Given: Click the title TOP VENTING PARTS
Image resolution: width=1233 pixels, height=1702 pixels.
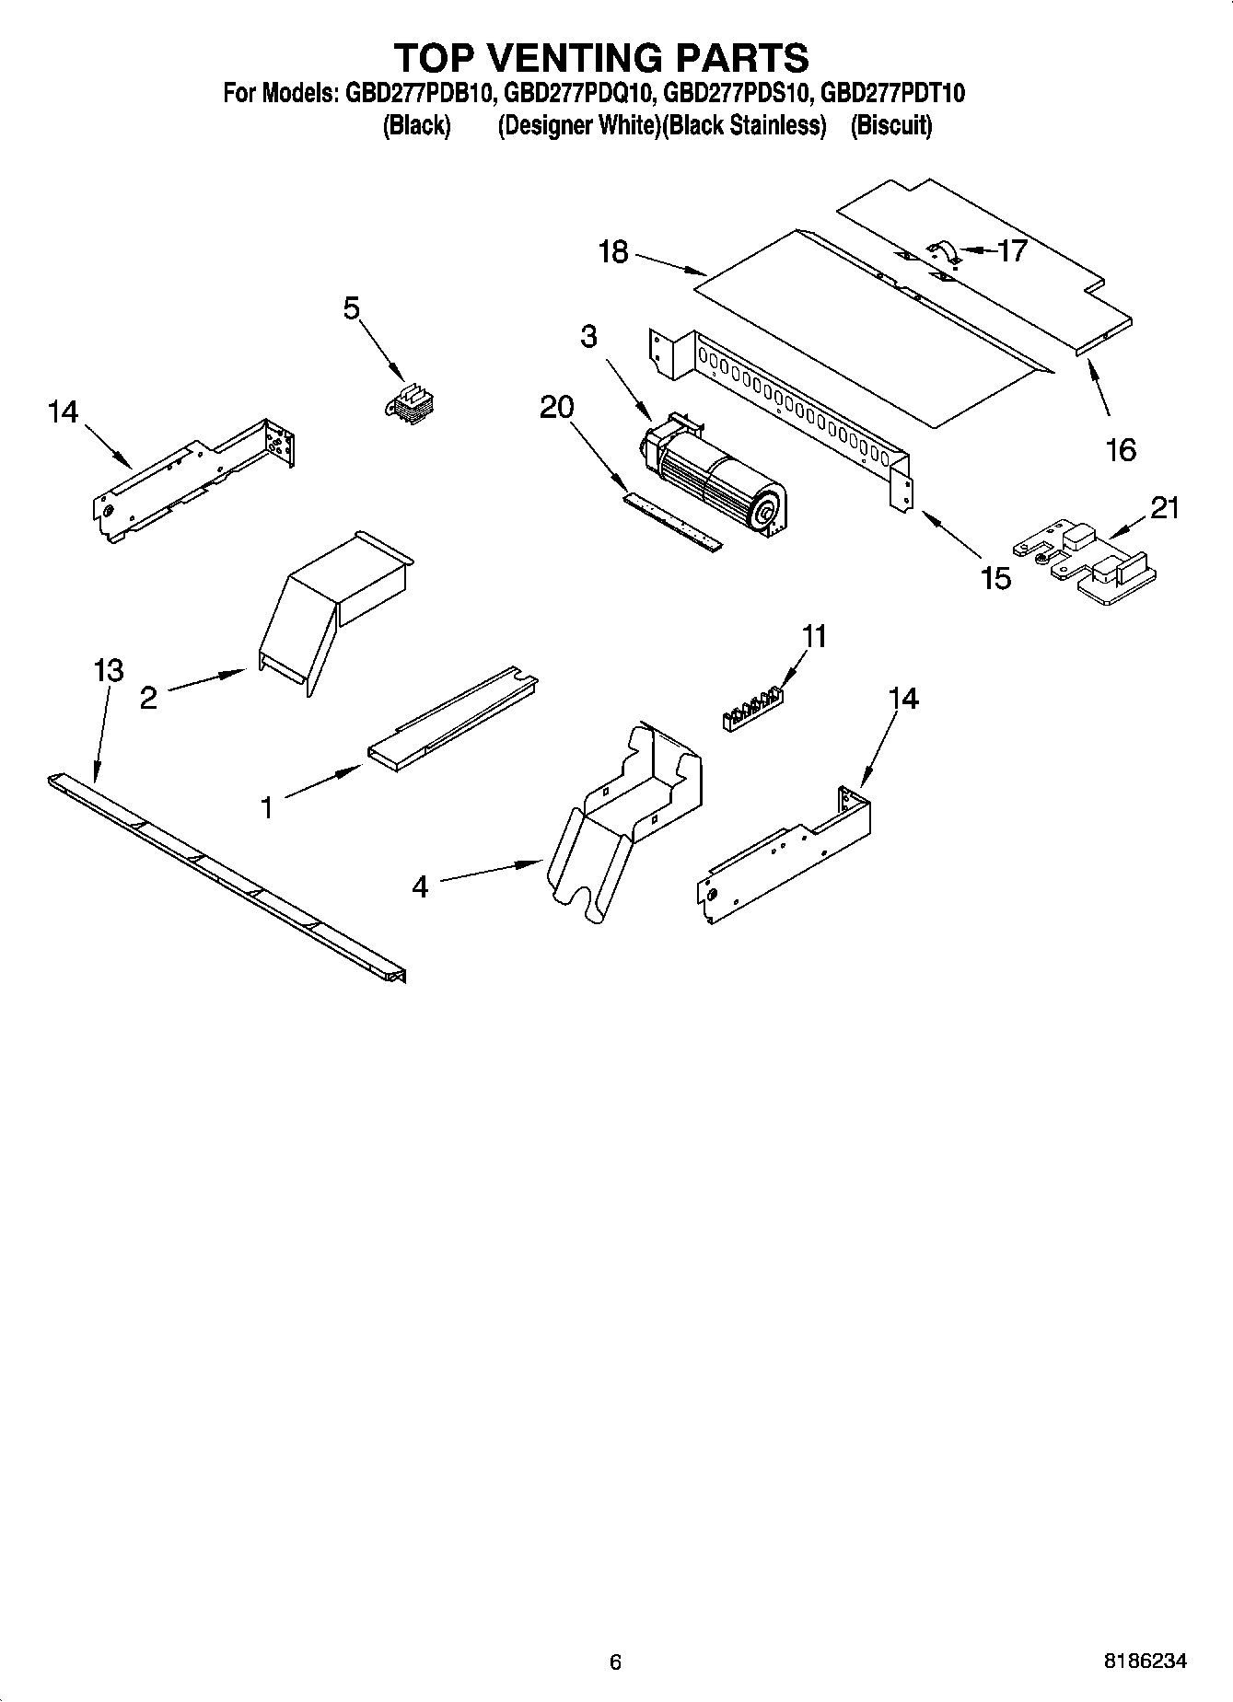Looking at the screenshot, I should (601, 57).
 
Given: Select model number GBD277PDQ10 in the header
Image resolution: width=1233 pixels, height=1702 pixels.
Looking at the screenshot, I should (580, 93).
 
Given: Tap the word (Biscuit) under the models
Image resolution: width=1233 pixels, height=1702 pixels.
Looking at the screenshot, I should (891, 125).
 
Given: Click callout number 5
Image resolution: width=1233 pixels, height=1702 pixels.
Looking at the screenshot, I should (352, 308).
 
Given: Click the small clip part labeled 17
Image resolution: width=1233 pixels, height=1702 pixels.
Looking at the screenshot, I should (942, 250).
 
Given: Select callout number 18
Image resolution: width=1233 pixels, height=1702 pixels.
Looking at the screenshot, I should (613, 251).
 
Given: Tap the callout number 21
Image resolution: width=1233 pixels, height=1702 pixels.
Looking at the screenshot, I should (1164, 508).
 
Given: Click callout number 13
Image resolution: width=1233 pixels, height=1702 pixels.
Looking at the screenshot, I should (109, 670).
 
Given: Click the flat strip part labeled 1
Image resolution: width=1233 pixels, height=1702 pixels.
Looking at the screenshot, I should (451, 718).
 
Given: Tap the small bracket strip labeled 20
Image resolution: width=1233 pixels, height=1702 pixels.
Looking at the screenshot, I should (672, 520).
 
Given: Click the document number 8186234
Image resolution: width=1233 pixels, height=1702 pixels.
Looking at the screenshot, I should (1146, 1661).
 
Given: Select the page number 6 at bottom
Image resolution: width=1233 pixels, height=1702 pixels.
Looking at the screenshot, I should (616, 1661).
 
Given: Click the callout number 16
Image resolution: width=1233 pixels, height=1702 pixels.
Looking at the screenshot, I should (1121, 450).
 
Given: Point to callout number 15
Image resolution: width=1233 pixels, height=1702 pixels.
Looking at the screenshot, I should (996, 578).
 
